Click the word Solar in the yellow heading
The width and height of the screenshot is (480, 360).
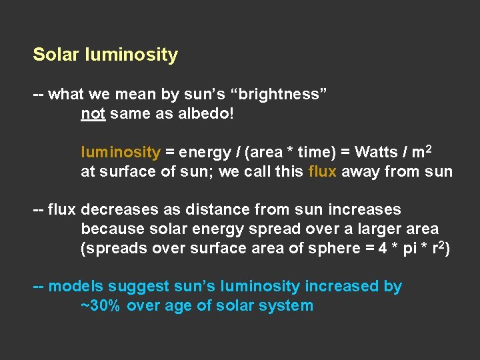57,55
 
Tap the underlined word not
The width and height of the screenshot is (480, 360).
93,114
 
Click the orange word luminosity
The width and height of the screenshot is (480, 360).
120,152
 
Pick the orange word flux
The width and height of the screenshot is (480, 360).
324,172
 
